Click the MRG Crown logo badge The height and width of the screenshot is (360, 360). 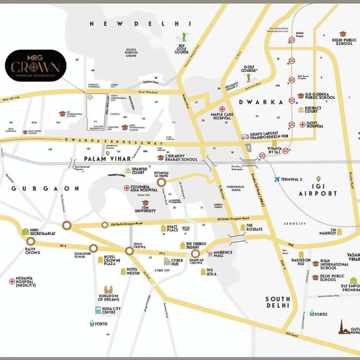[x=35, y=66]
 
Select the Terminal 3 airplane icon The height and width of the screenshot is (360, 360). [x=276, y=179]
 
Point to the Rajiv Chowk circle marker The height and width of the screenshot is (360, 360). [x=31, y=241]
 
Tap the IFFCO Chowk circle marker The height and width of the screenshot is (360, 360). [x=129, y=251]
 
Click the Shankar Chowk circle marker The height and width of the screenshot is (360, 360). [x=195, y=253]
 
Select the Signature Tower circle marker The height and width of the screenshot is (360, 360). [x=93, y=248]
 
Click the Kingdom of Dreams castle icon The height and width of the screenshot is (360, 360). [x=108, y=289]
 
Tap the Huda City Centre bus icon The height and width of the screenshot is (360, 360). [x=98, y=310]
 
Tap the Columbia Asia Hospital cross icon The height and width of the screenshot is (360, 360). [x=127, y=188]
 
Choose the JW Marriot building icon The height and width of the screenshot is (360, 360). [x=339, y=232]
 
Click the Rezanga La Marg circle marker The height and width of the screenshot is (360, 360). [x=162, y=183]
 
